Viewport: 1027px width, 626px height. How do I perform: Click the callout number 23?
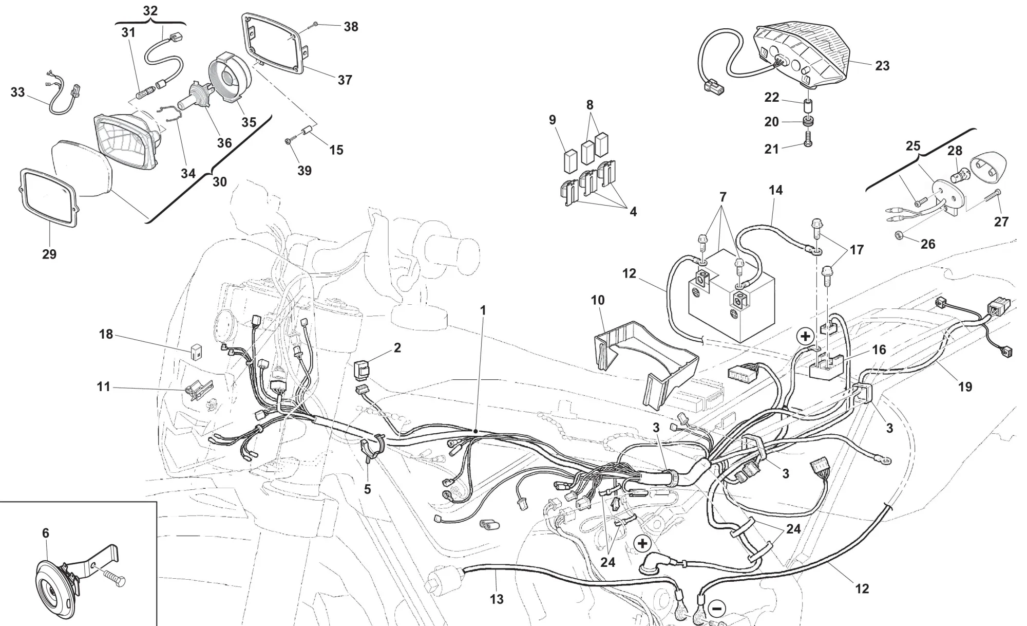882,66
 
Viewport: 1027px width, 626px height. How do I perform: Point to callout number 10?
598,300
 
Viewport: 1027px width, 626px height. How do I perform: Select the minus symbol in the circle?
717,609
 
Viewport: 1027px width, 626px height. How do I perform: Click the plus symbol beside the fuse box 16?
806,337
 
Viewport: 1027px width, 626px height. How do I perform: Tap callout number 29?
49,254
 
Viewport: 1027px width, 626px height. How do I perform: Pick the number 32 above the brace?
150,11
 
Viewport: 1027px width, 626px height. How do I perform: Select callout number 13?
497,599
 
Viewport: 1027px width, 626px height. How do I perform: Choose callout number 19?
965,386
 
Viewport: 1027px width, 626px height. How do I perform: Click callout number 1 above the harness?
483,310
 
